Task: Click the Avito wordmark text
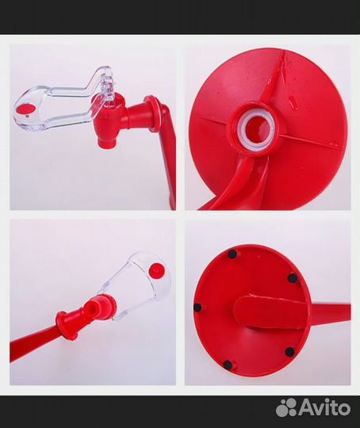coord(325,408)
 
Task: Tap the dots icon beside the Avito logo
coord(286,408)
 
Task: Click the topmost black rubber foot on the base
coord(232,254)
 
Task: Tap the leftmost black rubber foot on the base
coord(197,308)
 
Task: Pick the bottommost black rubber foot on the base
coord(227,364)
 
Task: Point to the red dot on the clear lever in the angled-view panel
coord(157,270)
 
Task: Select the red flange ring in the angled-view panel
coord(64,325)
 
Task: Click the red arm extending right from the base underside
coord(331,312)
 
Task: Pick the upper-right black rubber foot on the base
coord(293,278)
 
